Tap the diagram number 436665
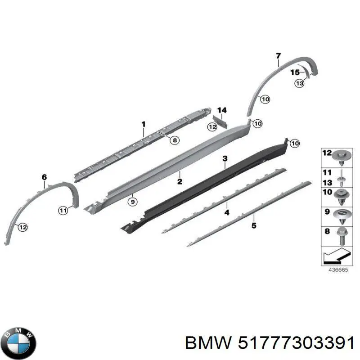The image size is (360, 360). click(338, 270)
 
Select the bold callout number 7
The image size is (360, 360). click(278, 56)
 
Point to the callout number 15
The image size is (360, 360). click(295, 72)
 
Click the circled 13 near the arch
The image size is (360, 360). click(299, 83)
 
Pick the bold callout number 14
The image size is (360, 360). click(222, 110)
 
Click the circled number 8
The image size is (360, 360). click(175, 140)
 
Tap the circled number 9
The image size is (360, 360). click(132, 202)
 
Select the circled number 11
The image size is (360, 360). click(63, 210)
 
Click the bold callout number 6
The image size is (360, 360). click(44, 177)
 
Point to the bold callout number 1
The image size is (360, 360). click(144, 125)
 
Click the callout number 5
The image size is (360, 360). click(254, 225)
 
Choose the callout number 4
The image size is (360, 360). click(227, 212)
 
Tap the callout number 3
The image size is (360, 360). click(225, 158)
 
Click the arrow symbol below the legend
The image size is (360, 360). click(337, 255)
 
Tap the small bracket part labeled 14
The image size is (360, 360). click(220, 121)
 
